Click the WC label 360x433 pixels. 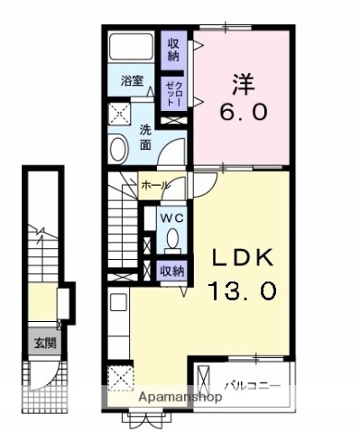[x=172, y=217]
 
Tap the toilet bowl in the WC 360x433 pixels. [x=172, y=239]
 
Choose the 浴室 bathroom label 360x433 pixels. [x=133, y=81]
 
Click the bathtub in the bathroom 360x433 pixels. [x=133, y=51]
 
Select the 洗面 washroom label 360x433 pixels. [x=145, y=136]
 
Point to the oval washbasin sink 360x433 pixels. [x=118, y=148]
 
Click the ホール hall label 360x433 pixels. [x=155, y=185]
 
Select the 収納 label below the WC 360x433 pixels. [x=172, y=269]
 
